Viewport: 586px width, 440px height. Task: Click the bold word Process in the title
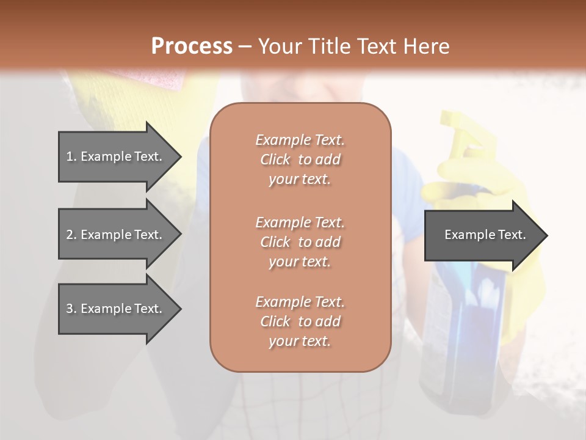(192, 46)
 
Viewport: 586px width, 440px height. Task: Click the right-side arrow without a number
(485, 235)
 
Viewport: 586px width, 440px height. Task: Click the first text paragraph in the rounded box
(300, 159)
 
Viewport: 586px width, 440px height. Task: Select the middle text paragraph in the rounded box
(300, 241)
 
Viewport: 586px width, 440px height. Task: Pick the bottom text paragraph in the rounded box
(300, 321)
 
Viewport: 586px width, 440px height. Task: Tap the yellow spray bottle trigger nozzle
(458, 131)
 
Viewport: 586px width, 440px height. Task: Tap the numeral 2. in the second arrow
(71, 235)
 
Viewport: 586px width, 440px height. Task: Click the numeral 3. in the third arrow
(71, 309)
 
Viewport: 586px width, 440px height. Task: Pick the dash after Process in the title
(245, 47)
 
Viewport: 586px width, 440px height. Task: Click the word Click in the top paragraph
(275, 159)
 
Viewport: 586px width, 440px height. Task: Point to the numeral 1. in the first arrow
(71, 156)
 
